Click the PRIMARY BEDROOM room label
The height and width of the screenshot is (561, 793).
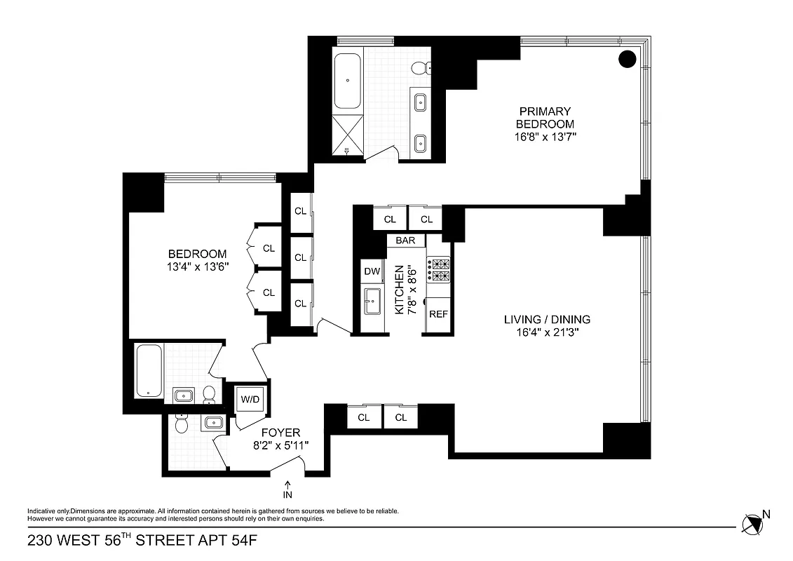[x=545, y=117]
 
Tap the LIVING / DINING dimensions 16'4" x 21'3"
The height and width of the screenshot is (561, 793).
[x=546, y=332]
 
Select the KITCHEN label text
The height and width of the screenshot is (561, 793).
[x=399, y=289]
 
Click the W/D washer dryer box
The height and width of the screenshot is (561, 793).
[x=250, y=400]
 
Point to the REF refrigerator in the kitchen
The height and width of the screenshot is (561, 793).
[x=438, y=314]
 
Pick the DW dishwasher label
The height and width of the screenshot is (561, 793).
[x=371, y=271]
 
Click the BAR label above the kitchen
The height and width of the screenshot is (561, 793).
[x=405, y=241]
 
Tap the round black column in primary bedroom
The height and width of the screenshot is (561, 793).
[x=628, y=59]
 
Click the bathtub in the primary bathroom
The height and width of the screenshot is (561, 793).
[x=348, y=80]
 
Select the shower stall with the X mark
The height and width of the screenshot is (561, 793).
[x=348, y=133]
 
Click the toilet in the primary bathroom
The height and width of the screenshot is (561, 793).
[x=418, y=68]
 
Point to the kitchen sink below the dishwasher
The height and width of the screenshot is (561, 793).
[x=371, y=303]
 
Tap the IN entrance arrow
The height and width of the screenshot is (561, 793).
[x=288, y=487]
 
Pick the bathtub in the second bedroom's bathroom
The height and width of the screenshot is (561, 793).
[x=149, y=370]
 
